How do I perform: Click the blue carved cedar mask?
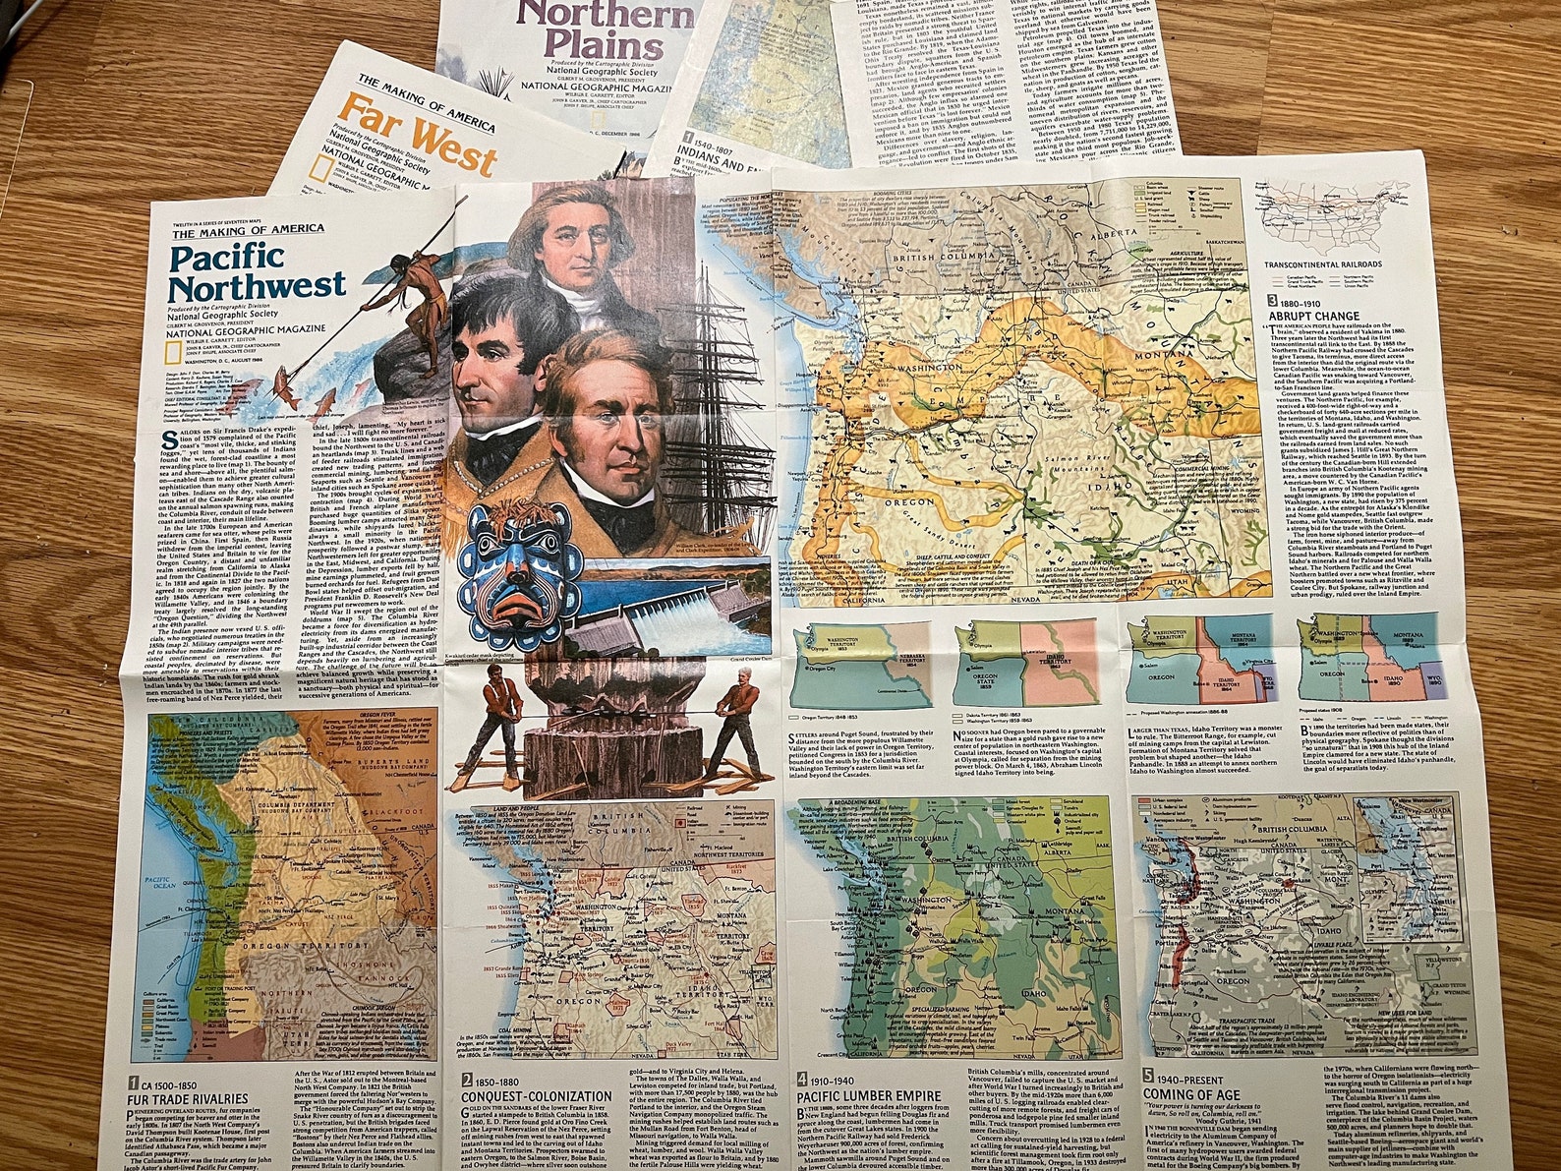(x=520, y=561)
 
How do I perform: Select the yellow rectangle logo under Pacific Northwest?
(x=177, y=346)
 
